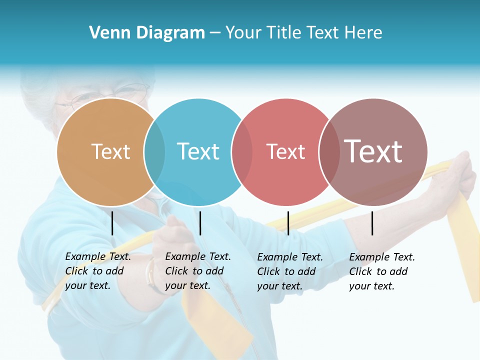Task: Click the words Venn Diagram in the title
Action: [147, 33]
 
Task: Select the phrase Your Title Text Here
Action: [303, 33]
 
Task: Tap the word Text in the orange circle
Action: [110, 151]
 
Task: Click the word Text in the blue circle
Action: [198, 151]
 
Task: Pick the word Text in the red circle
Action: [285, 151]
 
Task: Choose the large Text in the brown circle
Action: [373, 151]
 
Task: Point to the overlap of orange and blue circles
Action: [154, 152]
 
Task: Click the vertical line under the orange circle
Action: [112, 223]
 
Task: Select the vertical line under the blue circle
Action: [200, 223]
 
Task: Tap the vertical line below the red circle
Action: [288, 223]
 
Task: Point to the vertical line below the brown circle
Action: [372, 223]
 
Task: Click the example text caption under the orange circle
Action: [97, 271]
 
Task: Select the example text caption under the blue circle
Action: [197, 271]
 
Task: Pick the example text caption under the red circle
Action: [289, 271]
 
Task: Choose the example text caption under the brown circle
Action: [381, 271]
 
